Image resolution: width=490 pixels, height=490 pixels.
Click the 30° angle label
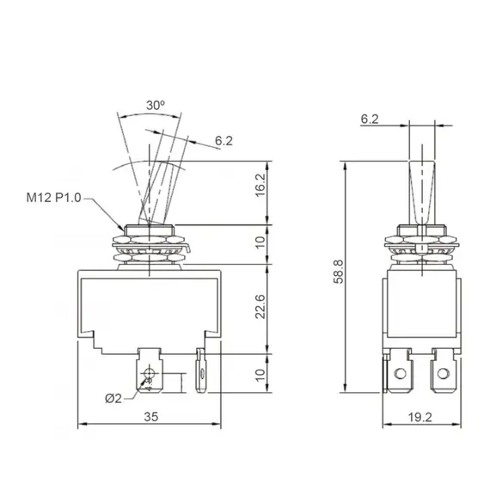[x=155, y=104]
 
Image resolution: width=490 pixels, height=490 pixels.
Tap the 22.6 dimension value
[x=260, y=308]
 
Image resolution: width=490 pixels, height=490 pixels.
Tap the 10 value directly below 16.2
[x=260, y=242]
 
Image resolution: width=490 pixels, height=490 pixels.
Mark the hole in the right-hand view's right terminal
[x=444, y=371]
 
